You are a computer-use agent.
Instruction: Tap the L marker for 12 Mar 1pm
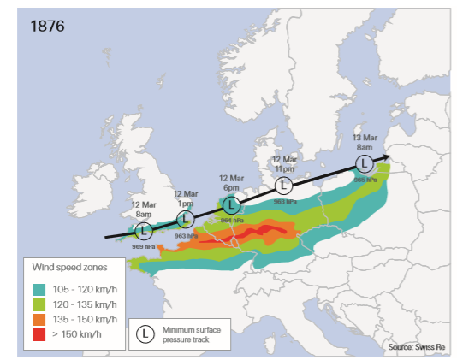[186, 218]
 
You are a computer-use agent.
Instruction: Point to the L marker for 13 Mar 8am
[364, 162]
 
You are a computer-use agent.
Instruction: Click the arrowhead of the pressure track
[384, 157]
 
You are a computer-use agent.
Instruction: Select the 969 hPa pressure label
[144, 246]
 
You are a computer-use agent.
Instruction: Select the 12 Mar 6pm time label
[231, 182]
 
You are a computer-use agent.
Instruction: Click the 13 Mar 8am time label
[366, 142]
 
